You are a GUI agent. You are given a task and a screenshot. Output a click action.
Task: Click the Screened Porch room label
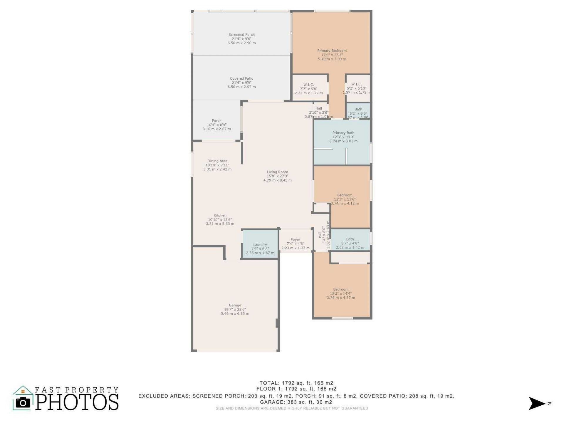pyautogui.click(x=241, y=35)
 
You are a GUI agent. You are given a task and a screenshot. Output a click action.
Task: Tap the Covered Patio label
pyautogui.click(x=241, y=78)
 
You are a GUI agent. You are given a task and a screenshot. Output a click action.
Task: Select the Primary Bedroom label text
pyautogui.click(x=332, y=51)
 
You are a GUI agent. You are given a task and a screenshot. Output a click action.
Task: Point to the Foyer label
pyautogui.click(x=295, y=240)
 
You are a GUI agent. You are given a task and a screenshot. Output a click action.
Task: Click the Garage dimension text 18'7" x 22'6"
pyautogui.click(x=235, y=309)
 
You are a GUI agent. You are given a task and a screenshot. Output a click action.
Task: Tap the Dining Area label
pyautogui.click(x=217, y=161)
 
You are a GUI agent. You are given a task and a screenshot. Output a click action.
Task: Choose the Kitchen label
pyautogui.click(x=220, y=215)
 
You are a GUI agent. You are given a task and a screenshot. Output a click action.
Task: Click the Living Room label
pyautogui.click(x=277, y=172)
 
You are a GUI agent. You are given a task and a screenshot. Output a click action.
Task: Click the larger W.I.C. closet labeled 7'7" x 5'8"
pyautogui.click(x=309, y=88)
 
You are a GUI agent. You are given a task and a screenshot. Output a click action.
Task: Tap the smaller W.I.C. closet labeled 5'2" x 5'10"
pyautogui.click(x=356, y=88)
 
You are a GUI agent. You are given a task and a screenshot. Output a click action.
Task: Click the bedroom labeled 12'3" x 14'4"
pyautogui.click(x=341, y=293)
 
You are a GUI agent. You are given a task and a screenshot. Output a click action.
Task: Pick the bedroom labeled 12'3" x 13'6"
pyautogui.click(x=345, y=199)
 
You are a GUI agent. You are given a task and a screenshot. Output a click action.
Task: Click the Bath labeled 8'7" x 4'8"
pyautogui.click(x=350, y=243)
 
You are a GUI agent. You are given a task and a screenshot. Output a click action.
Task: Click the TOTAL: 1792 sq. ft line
pyautogui.click(x=296, y=383)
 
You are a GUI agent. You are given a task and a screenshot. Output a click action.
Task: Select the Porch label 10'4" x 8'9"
pyautogui.click(x=216, y=125)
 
